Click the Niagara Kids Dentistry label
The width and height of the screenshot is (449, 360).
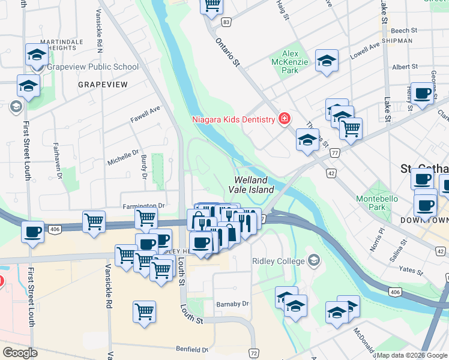pos(233,119)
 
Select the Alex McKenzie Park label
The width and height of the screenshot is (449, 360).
pos(291,62)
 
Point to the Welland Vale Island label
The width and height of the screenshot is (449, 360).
pos(254,185)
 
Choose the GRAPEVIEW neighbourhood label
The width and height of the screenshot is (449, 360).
pos(103,85)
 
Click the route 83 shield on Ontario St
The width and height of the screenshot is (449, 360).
pos(226,22)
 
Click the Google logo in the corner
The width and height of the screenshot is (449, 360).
pos(20,353)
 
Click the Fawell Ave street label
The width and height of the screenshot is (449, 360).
pos(146,115)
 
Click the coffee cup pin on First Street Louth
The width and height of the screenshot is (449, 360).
pos(32,231)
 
